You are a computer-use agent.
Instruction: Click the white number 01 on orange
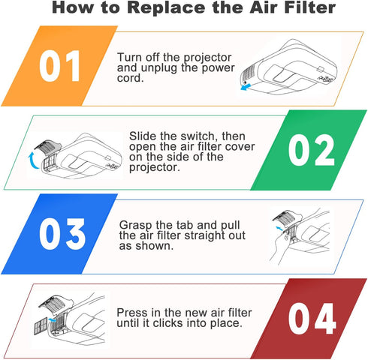[59, 66]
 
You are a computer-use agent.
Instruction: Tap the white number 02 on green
[311, 150]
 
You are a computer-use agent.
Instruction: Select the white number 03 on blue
[62, 234]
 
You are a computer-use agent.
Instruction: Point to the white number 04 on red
[312, 318]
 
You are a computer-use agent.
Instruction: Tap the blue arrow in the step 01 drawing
[246, 87]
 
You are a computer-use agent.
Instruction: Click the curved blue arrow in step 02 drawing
[32, 160]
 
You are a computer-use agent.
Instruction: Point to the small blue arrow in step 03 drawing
[279, 229]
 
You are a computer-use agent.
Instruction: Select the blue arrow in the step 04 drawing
[52, 319]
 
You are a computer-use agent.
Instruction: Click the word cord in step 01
[130, 78]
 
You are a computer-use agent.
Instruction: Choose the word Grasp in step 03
[135, 225]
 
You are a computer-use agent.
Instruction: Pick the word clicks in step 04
[166, 323]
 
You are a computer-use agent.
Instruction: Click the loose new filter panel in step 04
[41, 326]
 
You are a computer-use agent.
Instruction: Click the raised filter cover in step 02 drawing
[47, 147]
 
